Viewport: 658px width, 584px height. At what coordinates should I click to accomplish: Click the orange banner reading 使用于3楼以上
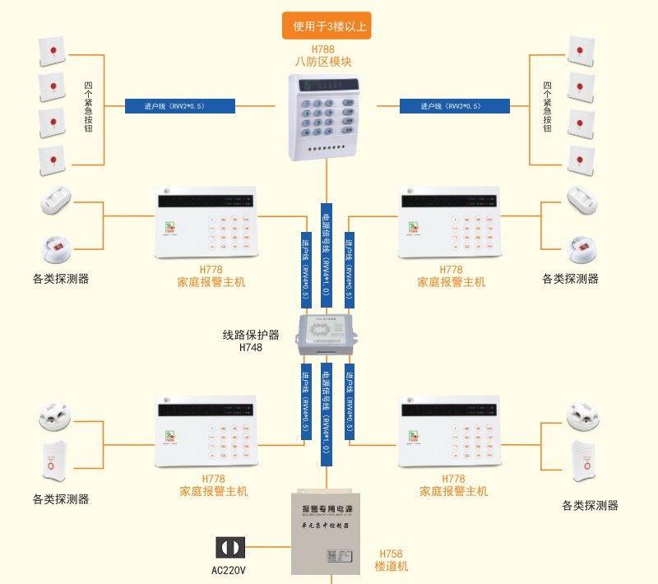pyautogui.click(x=326, y=25)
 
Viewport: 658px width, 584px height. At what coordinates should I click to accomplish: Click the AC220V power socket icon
pyautogui.click(x=229, y=548)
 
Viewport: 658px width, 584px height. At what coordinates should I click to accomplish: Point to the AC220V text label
pyautogui.click(x=229, y=570)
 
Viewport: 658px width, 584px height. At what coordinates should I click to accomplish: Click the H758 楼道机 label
pyautogui.click(x=391, y=560)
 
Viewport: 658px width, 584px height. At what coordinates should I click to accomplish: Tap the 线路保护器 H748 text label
pyautogui.click(x=251, y=341)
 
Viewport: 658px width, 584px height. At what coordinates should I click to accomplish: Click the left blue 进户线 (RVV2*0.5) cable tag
pyautogui.click(x=180, y=106)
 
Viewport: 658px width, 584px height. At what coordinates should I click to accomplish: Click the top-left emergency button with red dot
pyautogui.click(x=51, y=51)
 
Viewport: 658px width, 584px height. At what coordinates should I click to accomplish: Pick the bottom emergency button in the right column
pyautogui.click(x=582, y=160)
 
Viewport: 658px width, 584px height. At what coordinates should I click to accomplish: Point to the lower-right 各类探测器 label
pyautogui.click(x=590, y=506)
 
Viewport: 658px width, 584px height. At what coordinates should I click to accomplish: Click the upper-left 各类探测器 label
pyautogui.click(x=61, y=279)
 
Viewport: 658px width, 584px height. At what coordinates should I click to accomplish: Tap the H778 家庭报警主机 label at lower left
pyautogui.click(x=213, y=485)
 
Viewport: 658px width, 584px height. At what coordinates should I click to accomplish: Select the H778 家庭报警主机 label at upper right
pyautogui.click(x=451, y=276)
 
